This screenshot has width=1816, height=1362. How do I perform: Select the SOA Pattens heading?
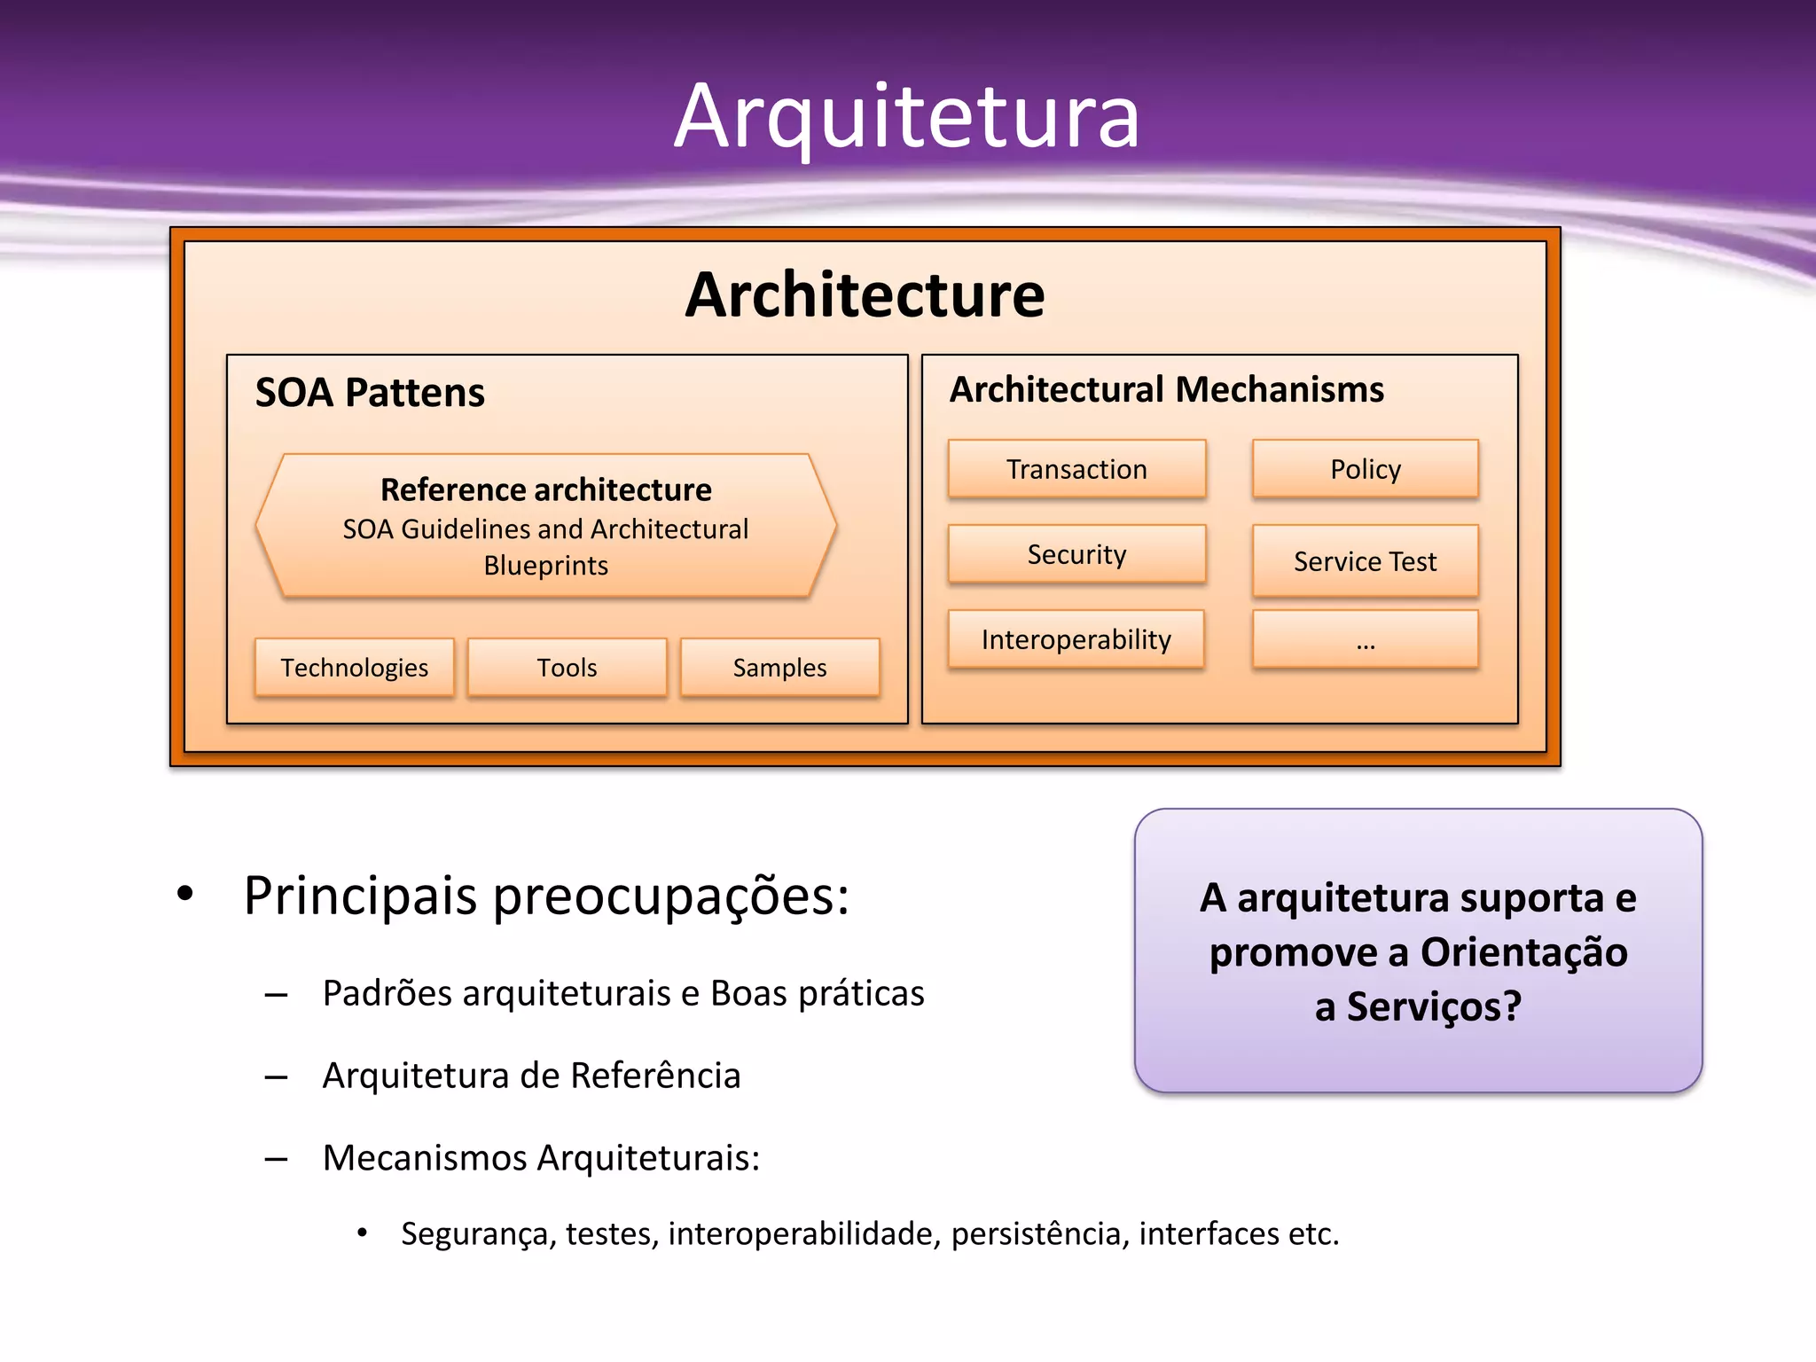370,393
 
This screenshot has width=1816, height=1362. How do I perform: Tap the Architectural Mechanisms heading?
1166,390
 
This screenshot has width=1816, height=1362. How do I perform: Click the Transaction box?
1076,469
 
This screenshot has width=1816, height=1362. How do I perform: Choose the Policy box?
1365,469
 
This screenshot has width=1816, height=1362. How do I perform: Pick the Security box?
1076,554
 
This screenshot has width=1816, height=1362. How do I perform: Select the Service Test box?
1365,561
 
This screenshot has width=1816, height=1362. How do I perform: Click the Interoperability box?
1076,639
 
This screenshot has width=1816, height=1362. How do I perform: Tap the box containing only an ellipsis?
1365,639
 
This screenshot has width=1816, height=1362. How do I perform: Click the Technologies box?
354,668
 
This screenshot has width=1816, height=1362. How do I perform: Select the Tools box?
567,668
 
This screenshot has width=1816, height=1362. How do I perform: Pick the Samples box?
779,668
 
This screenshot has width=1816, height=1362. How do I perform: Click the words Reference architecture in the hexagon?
545,489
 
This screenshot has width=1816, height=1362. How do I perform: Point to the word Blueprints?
545,566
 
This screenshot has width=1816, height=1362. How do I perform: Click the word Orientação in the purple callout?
1523,952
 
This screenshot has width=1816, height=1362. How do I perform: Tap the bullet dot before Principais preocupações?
184,893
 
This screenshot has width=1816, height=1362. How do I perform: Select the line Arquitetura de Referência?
531,1076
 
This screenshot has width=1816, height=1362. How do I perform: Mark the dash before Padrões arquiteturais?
276,995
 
